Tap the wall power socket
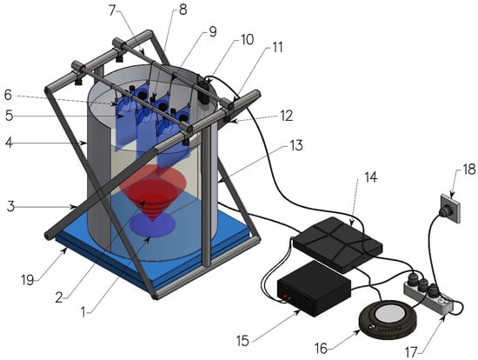[450, 209]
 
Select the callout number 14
[371, 177]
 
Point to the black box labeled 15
[314, 289]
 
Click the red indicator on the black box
[286, 297]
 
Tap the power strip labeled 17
[428, 295]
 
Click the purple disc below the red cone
[152, 224]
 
